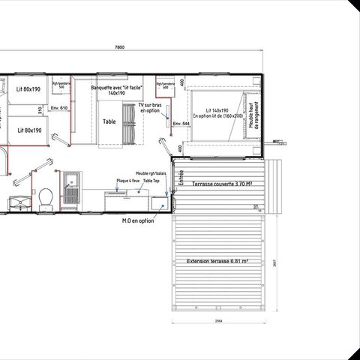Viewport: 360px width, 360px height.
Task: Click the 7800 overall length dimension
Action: point(119,47)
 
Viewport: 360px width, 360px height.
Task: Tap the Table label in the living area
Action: point(109,121)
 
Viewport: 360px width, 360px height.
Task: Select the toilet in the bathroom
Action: point(46,196)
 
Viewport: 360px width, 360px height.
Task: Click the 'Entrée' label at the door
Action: point(180,178)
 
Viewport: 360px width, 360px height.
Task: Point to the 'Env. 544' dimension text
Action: point(181,122)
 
